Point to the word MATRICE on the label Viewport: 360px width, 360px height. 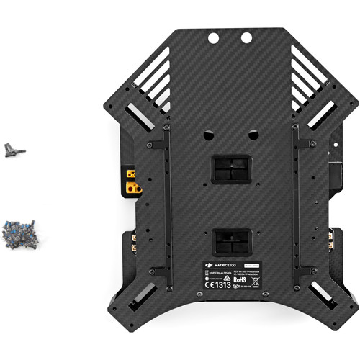(x=219, y=267)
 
